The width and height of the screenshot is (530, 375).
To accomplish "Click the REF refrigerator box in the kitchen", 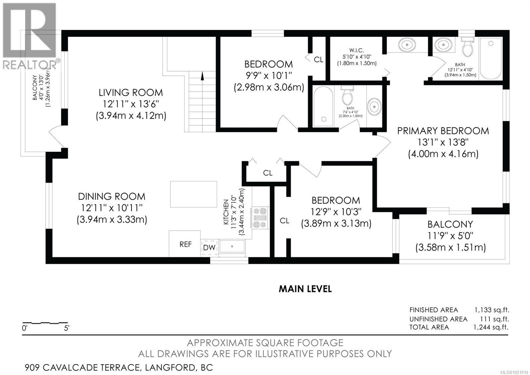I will tap(185, 244).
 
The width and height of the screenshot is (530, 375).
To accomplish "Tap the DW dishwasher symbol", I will tap(209, 248).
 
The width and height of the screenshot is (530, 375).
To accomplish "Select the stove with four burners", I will tap(260, 218).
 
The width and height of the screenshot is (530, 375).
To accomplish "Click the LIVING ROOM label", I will tap(131, 92).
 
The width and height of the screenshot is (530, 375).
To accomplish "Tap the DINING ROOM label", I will tap(112, 196).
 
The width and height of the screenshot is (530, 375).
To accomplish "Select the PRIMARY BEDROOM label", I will tap(443, 131).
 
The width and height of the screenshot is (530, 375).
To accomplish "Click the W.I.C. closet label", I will tap(356, 50).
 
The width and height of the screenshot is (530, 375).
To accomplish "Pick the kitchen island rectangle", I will tap(193, 194).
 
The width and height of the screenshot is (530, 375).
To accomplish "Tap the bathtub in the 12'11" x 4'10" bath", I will tap(491, 58).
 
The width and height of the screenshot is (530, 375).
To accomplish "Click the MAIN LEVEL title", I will tap(305, 289).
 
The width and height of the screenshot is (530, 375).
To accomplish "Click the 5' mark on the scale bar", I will tap(67, 328).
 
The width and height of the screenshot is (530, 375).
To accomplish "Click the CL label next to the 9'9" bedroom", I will tap(318, 60).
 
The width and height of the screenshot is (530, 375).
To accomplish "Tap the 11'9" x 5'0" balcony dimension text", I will tap(450, 236).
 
